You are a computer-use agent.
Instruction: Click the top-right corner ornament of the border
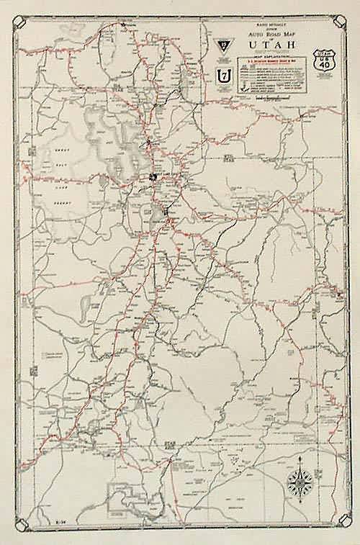[342, 20]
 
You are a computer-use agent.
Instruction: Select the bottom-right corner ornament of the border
[342, 523]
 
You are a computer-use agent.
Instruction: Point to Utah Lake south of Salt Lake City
[157, 213]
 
